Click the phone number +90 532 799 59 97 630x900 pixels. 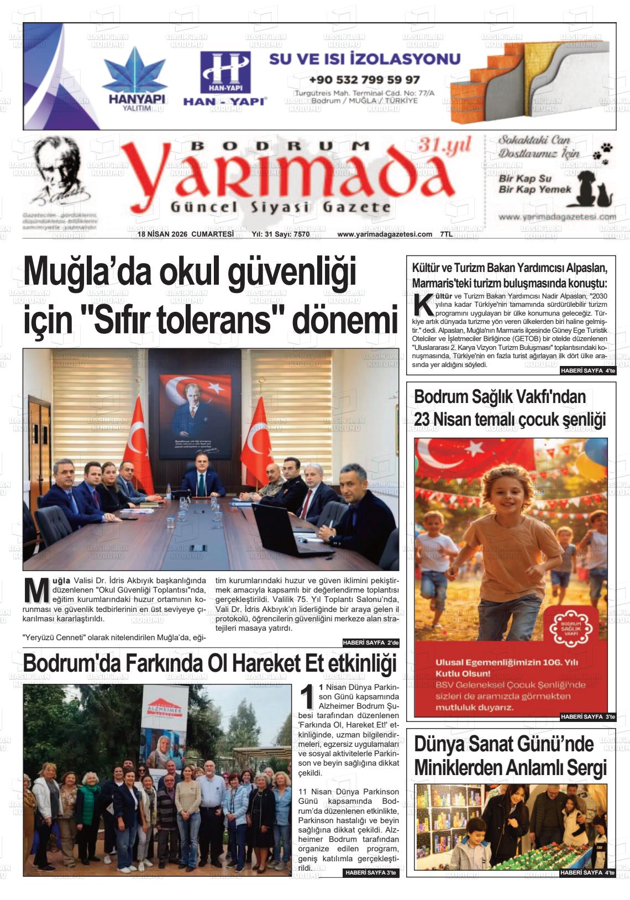tap(364, 80)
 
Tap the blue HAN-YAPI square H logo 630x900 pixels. tap(225, 72)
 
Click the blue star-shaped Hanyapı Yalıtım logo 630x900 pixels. tap(134, 72)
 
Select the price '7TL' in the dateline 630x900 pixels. tap(446, 234)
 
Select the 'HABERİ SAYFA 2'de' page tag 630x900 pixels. tap(370, 643)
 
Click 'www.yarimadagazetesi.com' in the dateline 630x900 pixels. tap(385, 234)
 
